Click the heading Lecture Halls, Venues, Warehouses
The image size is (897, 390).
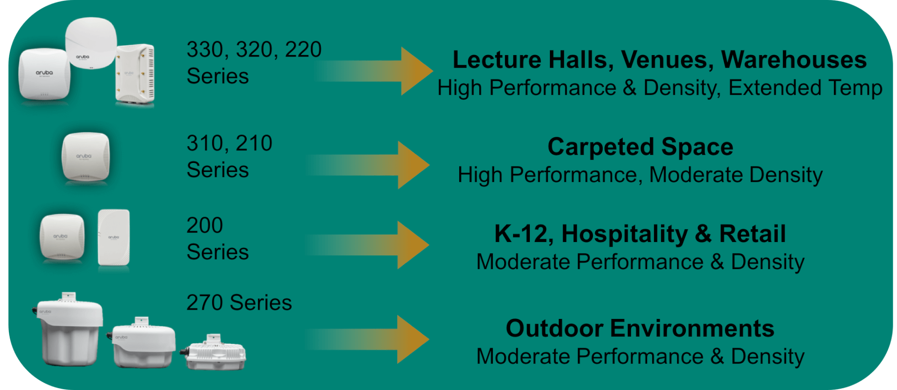659,60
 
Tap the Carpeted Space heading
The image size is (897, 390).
640,147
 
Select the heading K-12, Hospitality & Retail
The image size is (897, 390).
640,234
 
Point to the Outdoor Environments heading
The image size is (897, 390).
640,328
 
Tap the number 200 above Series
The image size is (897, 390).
205,225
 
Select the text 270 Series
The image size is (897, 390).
239,303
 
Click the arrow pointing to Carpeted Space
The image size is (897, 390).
368,165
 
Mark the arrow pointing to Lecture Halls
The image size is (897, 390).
374,71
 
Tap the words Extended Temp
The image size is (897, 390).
805,88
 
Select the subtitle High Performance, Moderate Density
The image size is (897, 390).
640,175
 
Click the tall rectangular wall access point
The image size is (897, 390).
114,238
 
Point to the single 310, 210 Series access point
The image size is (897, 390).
85,157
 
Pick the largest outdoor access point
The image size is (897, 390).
69,329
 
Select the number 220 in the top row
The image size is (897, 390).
303,50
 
